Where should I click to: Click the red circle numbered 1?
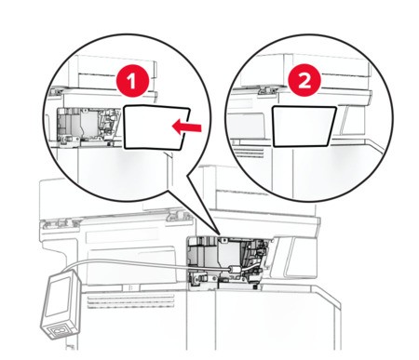click(132, 81)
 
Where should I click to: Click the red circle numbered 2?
click(304, 81)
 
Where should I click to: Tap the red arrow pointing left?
click(187, 127)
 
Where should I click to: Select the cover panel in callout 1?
click(156, 127)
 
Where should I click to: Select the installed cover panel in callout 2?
click(304, 127)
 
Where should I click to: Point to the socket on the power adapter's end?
click(61, 331)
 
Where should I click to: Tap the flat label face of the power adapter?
click(58, 297)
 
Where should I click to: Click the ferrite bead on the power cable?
click(235, 269)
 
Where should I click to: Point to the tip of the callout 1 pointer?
click(220, 234)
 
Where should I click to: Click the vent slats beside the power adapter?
click(130, 301)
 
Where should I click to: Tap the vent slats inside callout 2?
click(248, 152)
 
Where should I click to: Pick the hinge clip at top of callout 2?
click(267, 89)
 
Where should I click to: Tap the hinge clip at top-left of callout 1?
click(56, 91)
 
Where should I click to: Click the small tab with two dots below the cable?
click(130, 288)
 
